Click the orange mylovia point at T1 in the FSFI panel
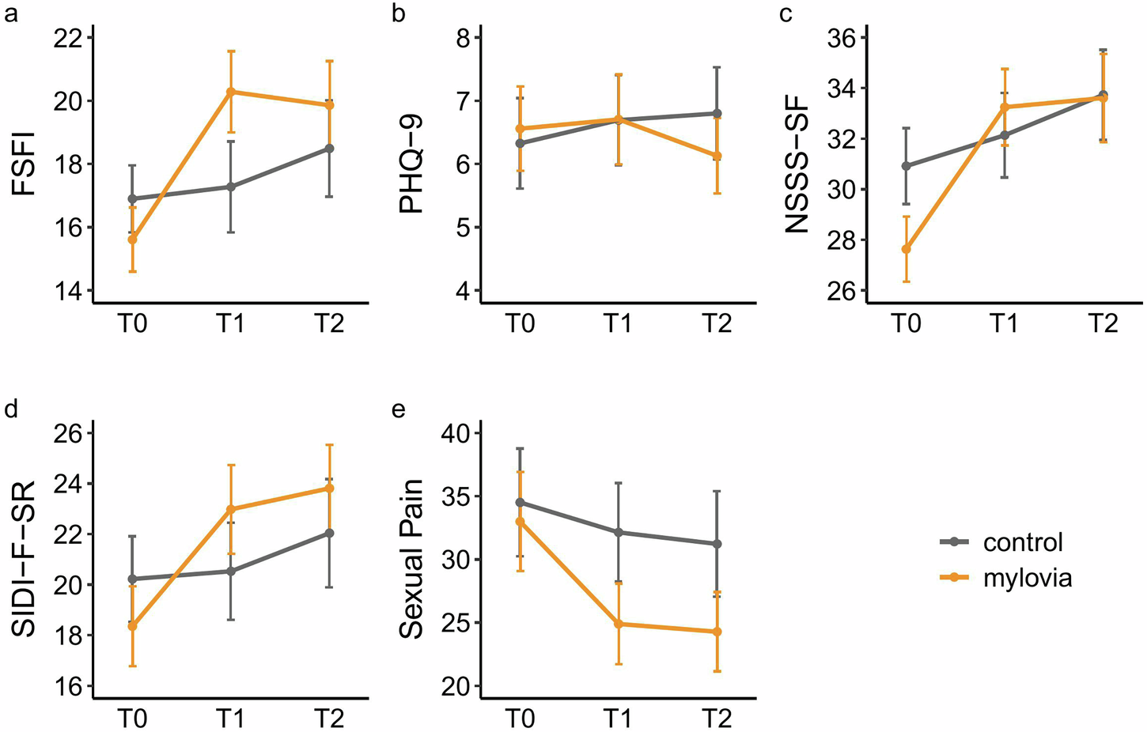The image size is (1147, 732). tap(230, 92)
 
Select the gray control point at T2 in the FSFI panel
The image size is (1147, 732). tap(329, 148)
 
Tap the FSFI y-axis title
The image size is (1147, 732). tap(25, 164)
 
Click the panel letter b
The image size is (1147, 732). tap(399, 13)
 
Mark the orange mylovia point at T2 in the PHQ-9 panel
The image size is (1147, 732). tap(717, 156)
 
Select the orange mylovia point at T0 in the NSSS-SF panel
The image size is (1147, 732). tap(907, 249)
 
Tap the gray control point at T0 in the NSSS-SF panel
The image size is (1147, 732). tap(907, 166)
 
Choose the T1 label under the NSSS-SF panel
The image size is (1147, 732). tap(1005, 323)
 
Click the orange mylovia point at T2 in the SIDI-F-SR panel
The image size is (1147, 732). tap(329, 488)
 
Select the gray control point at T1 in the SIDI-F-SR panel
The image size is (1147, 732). tap(230, 571)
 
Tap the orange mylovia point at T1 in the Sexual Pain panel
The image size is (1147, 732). tap(618, 624)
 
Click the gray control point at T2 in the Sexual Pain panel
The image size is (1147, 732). tap(717, 544)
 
